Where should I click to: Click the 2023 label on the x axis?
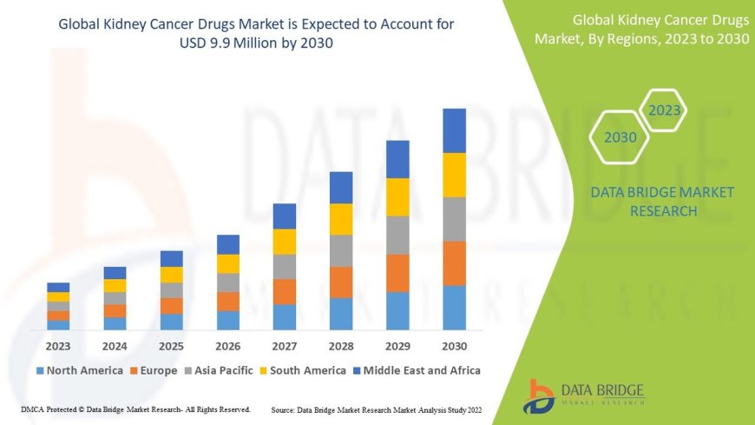tap(58, 345)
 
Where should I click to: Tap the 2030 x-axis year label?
tap(454, 345)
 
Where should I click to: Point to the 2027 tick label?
tap(284, 345)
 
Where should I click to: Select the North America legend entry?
tap(79, 370)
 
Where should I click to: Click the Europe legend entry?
tap(158, 370)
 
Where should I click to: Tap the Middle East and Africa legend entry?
tap(421, 370)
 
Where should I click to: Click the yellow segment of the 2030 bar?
tap(454, 175)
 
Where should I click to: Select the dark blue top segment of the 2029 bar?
tap(397, 159)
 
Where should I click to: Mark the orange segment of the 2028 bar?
tap(341, 282)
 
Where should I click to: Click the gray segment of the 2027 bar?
tap(284, 266)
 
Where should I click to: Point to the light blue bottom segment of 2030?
tap(454, 308)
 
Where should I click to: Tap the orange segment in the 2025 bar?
tap(172, 306)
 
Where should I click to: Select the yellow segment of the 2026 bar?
tap(228, 263)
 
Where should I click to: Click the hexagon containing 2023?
tap(665, 110)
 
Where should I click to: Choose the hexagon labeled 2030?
tap(620, 137)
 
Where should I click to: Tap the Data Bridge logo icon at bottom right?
tap(539, 395)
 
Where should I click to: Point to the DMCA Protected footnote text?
tap(135, 408)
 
